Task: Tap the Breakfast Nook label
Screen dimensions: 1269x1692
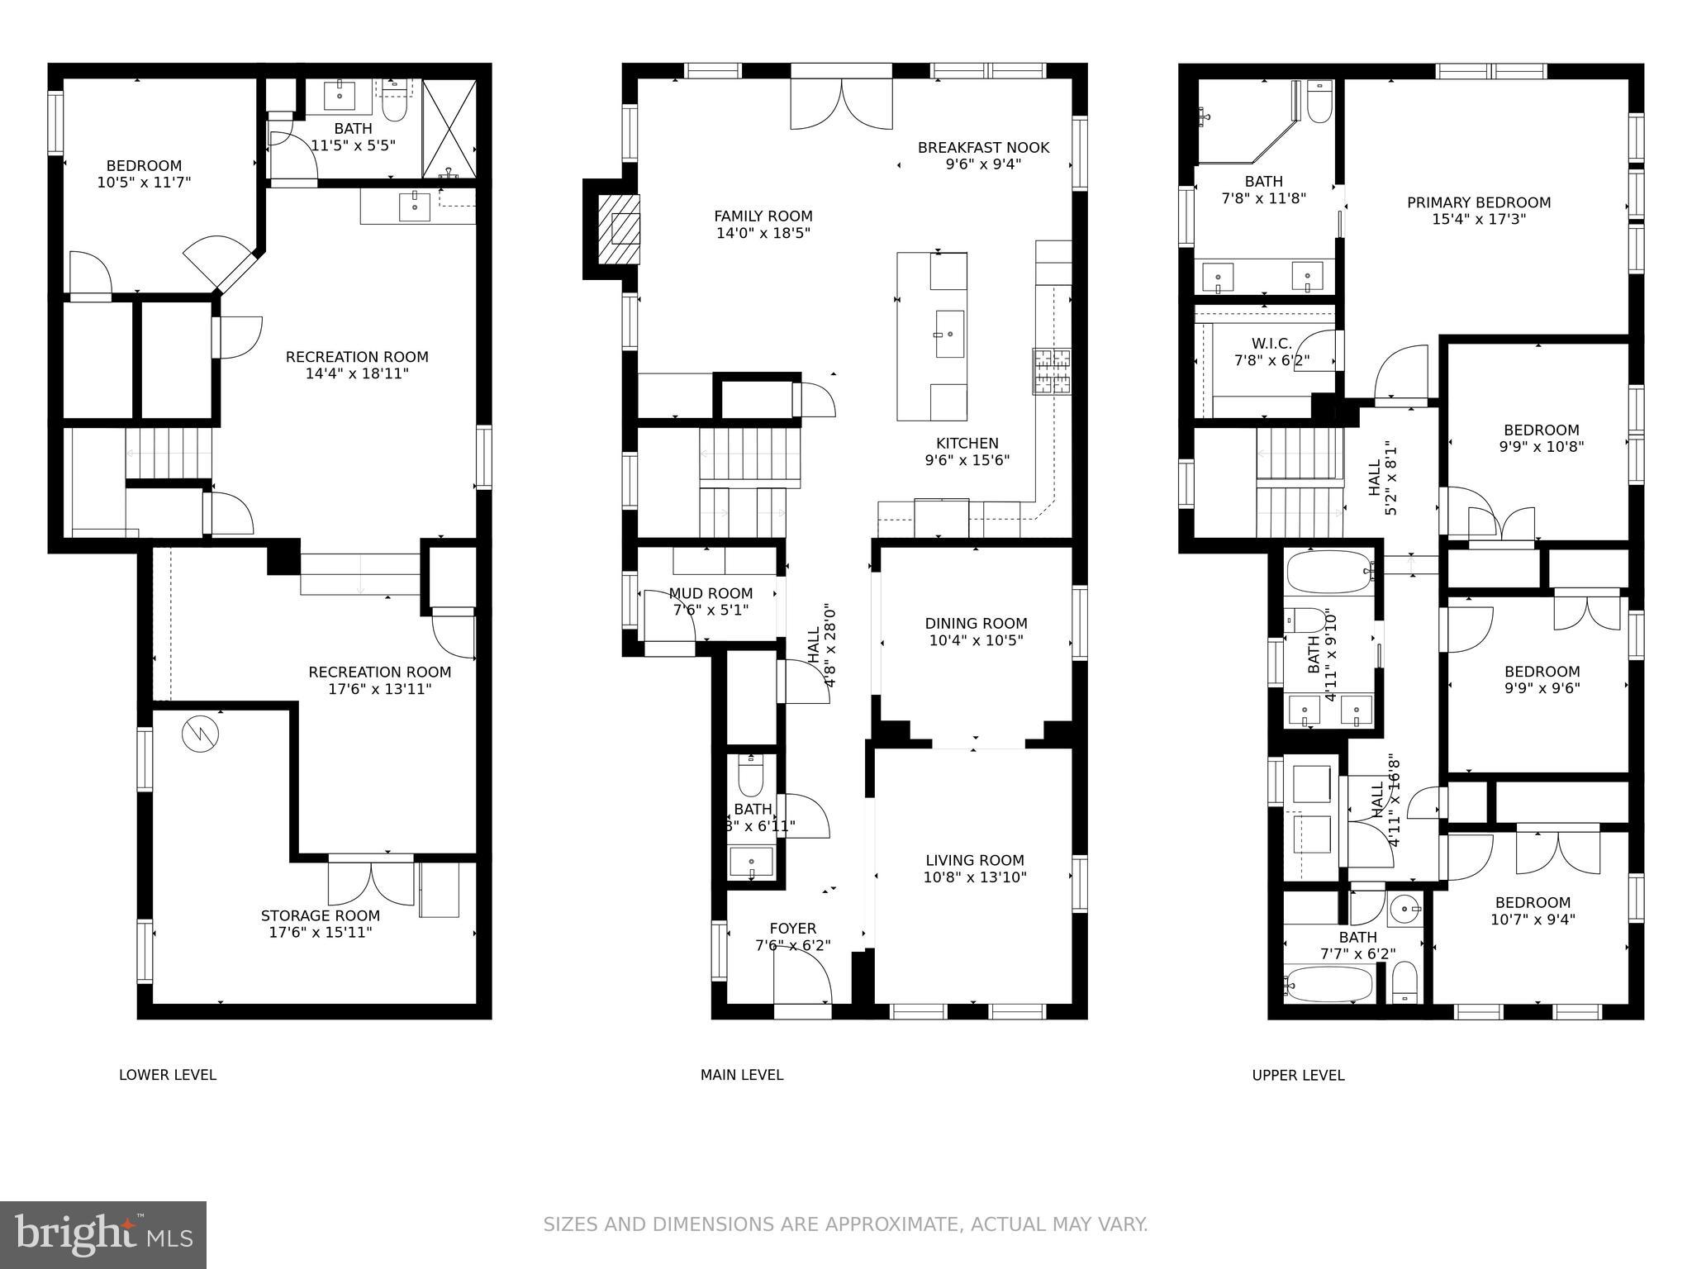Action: (x=983, y=148)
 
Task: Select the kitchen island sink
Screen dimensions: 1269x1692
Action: (x=949, y=334)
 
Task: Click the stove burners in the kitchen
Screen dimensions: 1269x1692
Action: (x=1052, y=371)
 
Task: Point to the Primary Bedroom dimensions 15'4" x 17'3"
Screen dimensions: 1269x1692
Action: (x=1479, y=220)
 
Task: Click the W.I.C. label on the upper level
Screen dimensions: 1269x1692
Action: (x=1271, y=343)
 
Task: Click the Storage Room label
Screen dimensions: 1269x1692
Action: (x=320, y=915)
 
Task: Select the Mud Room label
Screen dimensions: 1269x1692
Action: (x=711, y=593)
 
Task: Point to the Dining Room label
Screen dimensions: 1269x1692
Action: (x=976, y=624)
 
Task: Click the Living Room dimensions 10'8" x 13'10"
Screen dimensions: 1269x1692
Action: (x=975, y=877)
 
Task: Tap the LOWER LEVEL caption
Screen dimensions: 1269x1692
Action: (x=168, y=1075)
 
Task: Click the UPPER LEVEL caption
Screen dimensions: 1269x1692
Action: (x=1298, y=1075)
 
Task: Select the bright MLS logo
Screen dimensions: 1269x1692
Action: (x=102, y=1234)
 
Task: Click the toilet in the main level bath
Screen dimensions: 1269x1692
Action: (x=750, y=775)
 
